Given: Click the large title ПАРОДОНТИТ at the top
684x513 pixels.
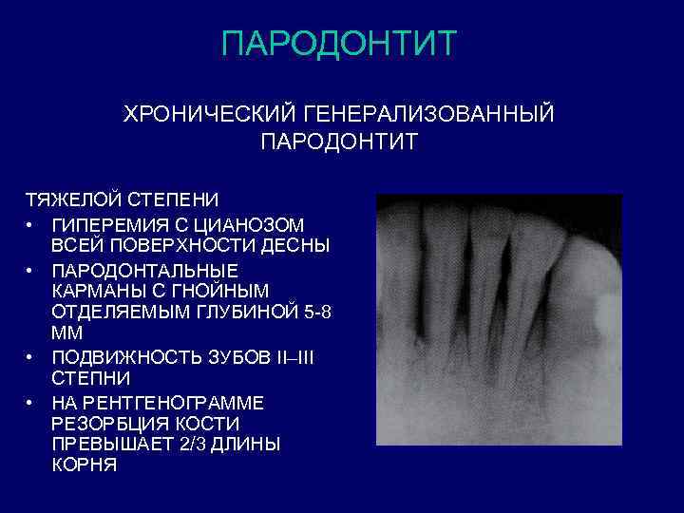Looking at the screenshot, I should tap(339, 44).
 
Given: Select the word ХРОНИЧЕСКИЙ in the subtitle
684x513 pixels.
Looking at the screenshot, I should tap(208, 115).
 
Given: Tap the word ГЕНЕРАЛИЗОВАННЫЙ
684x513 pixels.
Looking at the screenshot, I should tap(428, 115).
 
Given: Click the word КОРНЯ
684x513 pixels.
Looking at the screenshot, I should tap(85, 465).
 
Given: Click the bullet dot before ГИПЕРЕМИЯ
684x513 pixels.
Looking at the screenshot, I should tap(31, 225).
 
